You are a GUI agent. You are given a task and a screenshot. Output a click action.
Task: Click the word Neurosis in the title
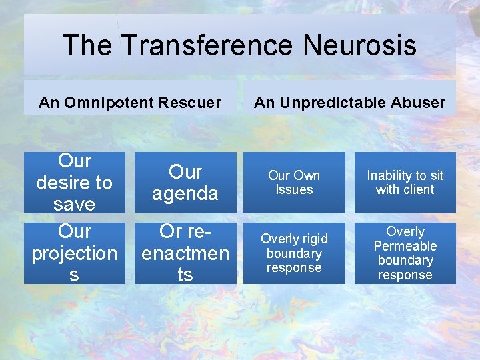pos(359,45)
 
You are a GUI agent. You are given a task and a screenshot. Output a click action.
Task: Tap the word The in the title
pos(87,45)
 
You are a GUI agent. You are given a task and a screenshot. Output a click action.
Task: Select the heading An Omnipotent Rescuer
pos(130,103)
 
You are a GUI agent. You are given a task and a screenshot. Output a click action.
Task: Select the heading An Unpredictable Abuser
pos(350,103)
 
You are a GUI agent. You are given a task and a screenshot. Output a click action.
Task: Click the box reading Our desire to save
pos(74,182)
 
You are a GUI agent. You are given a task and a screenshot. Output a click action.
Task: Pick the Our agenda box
pos(185,182)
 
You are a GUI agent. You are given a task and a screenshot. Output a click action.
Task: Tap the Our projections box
pos(74,253)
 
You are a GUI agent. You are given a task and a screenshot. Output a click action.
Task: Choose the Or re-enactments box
pos(185,253)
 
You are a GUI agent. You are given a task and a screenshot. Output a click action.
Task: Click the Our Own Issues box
pos(294,182)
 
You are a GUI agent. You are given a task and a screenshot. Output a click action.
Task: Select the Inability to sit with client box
pos(405,182)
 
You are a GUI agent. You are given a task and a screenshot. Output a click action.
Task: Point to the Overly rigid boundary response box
pos(294,253)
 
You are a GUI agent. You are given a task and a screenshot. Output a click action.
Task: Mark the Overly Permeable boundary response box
pos(405,253)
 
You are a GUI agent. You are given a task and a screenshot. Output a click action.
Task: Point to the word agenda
pos(185,193)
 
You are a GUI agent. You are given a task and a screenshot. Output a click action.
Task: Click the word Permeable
pos(405,246)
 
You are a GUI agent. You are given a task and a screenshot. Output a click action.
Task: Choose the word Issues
pos(294,189)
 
